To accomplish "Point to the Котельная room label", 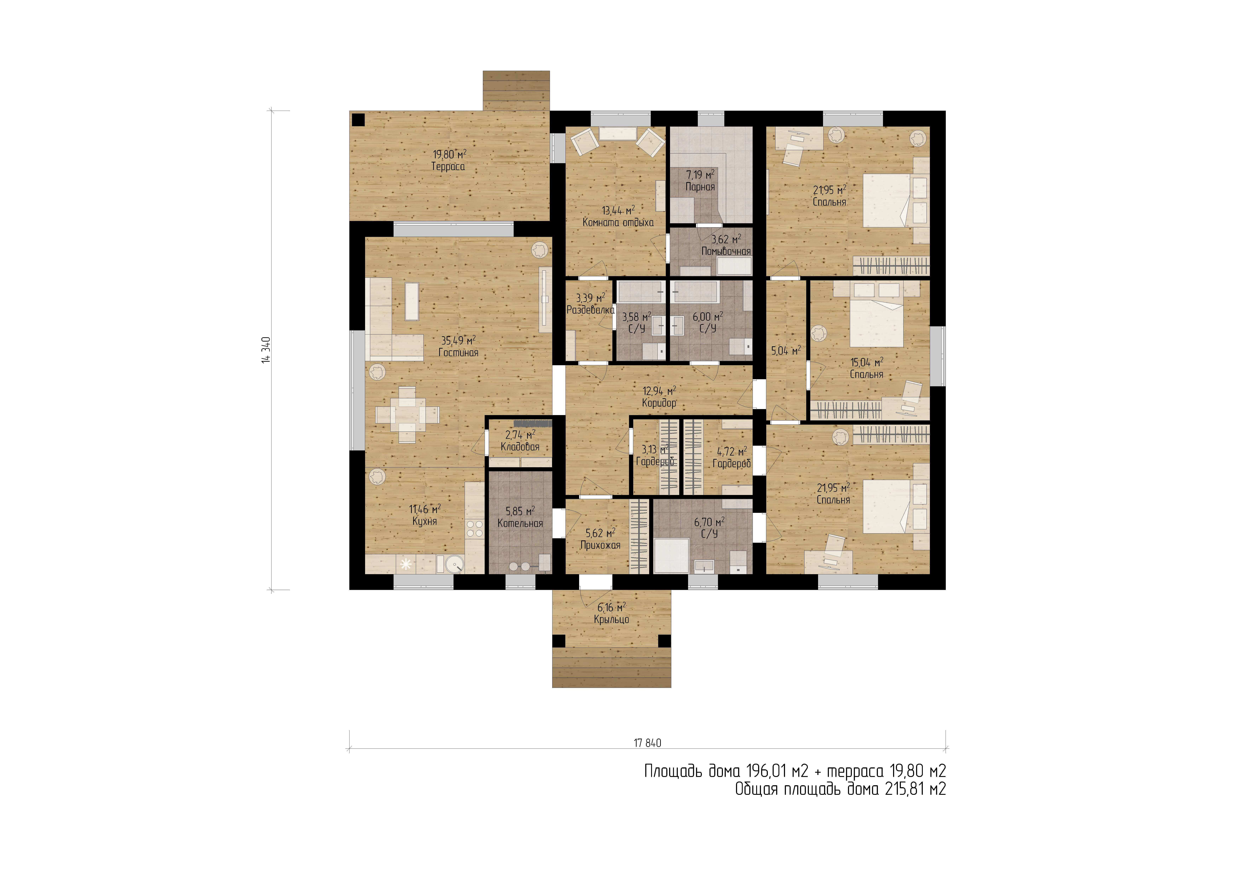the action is click(x=520, y=523).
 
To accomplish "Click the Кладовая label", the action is click(x=520, y=447).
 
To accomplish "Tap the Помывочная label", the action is click(x=726, y=251).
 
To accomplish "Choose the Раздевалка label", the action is click(x=590, y=310).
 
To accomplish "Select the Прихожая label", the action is click(x=600, y=545).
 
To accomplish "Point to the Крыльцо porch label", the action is click(x=611, y=620).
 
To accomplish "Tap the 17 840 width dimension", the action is click(x=648, y=743).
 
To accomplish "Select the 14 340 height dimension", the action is click(x=266, y=350).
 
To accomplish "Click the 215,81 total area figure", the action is click(x=904, y=789).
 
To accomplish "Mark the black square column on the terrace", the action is click(x=357, y=120).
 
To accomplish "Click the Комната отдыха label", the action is click(x=618, y=222).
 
